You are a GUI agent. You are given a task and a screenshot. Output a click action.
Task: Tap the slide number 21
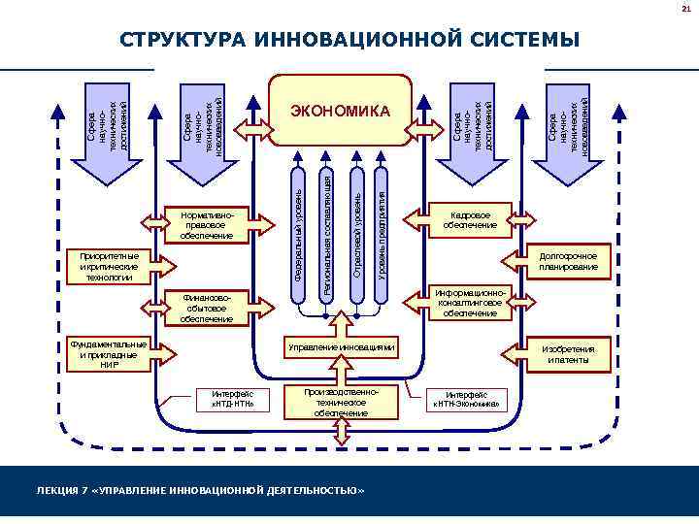click(x=683, y=9)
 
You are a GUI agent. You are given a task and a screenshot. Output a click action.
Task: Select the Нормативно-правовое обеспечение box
click(x=206, y=222)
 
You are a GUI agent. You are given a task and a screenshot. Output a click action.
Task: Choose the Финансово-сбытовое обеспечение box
click(x=206, y=307)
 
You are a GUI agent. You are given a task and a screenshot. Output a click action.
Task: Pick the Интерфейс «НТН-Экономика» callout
click(x=467, y=398)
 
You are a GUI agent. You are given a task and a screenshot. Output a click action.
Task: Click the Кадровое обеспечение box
click(x=471, y=220)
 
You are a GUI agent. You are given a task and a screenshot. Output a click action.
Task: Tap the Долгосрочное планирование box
click(x=569, y=261)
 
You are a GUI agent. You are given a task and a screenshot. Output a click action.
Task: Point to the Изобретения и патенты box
click(x=569, y=353)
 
